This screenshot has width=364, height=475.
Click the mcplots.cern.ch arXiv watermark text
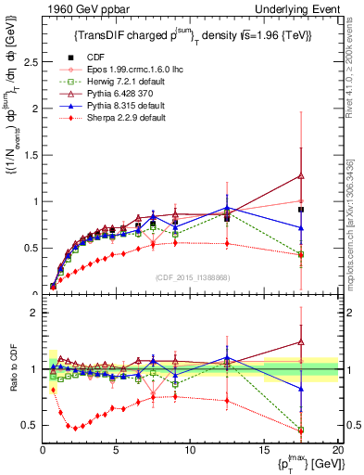pyautogui.click(x=357, y=213)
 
